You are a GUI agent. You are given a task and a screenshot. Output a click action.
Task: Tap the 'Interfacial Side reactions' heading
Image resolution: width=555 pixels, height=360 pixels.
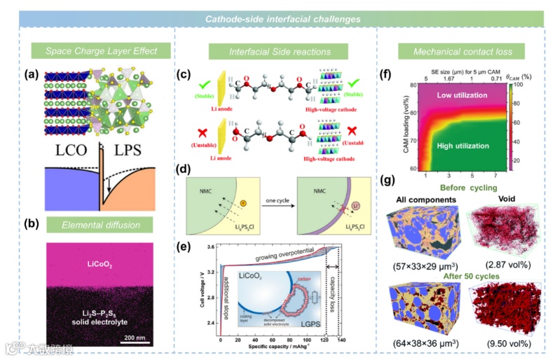[280, 51]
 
